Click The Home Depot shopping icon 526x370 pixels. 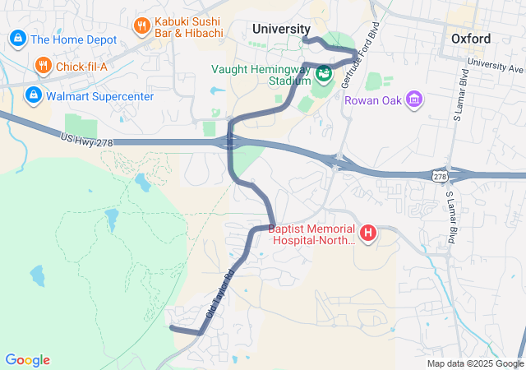[x=16, y=38]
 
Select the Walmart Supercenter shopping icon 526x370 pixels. [x=33, y=95]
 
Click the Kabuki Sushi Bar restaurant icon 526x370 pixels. [x=141, y=25]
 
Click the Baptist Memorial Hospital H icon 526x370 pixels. [x=368, y=234]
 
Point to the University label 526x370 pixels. [x=281, y=29]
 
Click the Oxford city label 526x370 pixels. [x=471, y=39]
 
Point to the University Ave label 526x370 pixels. [x=495, y=62]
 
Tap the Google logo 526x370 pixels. [x=28, y=360]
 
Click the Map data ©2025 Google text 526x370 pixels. [x=475, y=363]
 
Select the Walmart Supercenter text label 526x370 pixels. [x=100, y=96]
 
